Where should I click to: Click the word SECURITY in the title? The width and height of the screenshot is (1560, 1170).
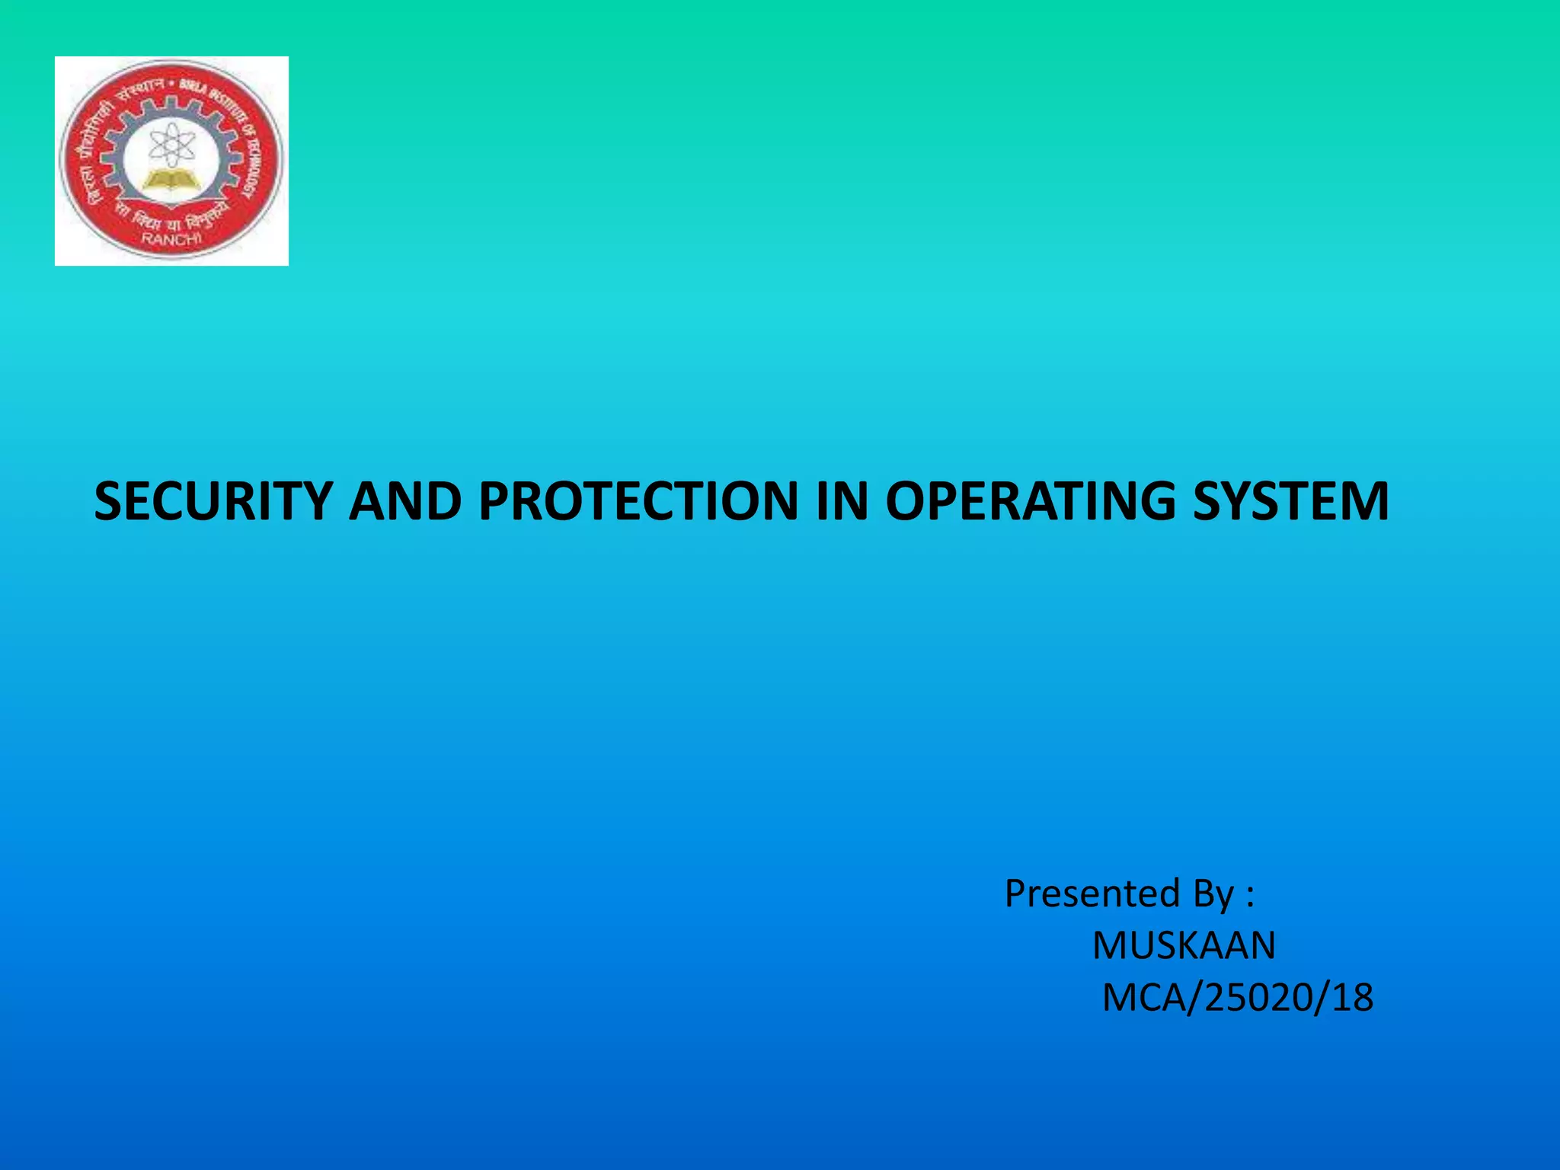(x=213, y=501)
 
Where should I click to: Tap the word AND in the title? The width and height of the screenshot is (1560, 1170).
(x=405, y=501)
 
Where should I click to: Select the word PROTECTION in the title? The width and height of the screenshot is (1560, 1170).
(x=638, y=501)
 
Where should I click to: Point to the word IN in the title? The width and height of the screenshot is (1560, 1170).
(x=841, y=501)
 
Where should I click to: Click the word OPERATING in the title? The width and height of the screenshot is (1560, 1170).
(x=1031, y=501)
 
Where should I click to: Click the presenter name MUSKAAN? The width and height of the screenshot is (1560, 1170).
(x=1184, y=945)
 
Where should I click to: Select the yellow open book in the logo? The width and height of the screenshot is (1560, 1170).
(x=171, y=181)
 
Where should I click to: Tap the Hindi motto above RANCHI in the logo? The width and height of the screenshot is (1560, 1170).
(x=171, y=217)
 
